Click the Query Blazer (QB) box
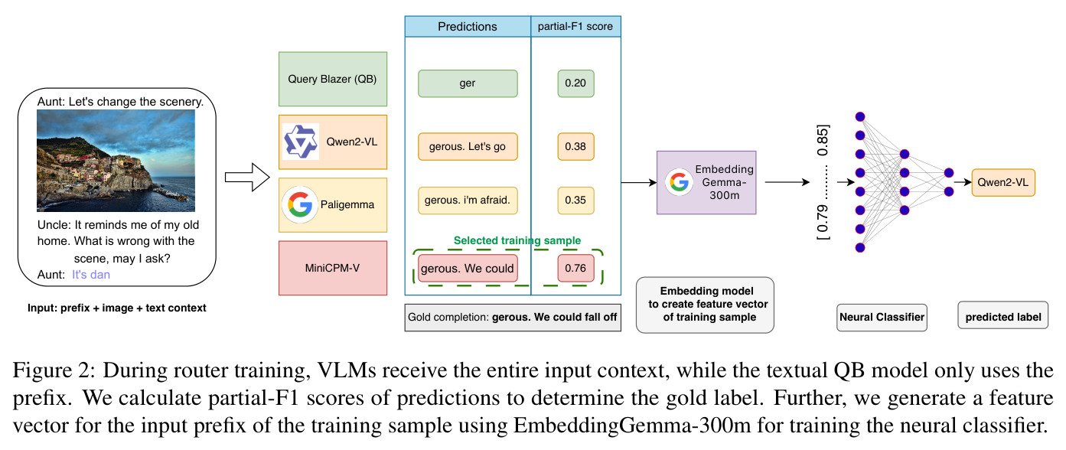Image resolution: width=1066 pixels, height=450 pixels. (333, 79)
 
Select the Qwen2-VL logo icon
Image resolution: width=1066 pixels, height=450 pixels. (300, 142)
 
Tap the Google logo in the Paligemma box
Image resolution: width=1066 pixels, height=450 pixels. (300, 204)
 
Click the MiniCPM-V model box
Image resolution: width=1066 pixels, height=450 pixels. (333, 268)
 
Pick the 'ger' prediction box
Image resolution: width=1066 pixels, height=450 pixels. (468, 83)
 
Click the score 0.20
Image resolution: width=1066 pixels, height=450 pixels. (575, 83)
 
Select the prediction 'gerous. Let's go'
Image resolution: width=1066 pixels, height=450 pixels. (468, 146)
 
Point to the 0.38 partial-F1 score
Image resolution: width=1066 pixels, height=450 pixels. (575, 146)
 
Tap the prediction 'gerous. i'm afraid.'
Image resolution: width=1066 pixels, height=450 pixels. (468, 201)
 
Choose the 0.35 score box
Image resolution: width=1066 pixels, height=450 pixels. (575, 201)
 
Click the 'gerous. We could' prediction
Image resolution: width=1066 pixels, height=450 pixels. (468, 269)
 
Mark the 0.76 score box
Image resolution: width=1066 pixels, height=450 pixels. (575, 269)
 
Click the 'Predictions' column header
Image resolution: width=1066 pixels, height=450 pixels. (468, 27)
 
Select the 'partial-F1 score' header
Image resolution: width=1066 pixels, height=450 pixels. (575, 27)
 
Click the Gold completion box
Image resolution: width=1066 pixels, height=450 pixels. (513, 318)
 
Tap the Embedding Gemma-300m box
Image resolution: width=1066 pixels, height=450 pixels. (706, 182)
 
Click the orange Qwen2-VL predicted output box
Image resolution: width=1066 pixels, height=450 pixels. (1003, 182)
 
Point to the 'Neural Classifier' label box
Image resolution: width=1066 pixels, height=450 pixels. (882, 318)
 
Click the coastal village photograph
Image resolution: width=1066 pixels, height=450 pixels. (116, 161)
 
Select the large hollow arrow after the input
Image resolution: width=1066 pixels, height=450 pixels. (247, 178)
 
